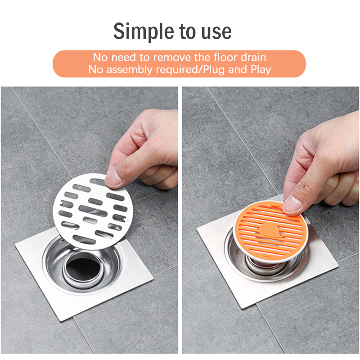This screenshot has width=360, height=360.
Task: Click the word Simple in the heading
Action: (144, 31)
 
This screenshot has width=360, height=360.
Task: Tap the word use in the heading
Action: (216, 32)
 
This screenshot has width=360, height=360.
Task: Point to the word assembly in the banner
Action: (129, 70)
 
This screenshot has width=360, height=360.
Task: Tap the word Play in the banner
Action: (261, 70)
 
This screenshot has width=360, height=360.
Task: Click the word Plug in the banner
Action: (213, 70)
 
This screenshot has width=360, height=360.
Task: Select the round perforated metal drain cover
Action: (93, 211)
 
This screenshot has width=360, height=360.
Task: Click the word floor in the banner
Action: (225, 57)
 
